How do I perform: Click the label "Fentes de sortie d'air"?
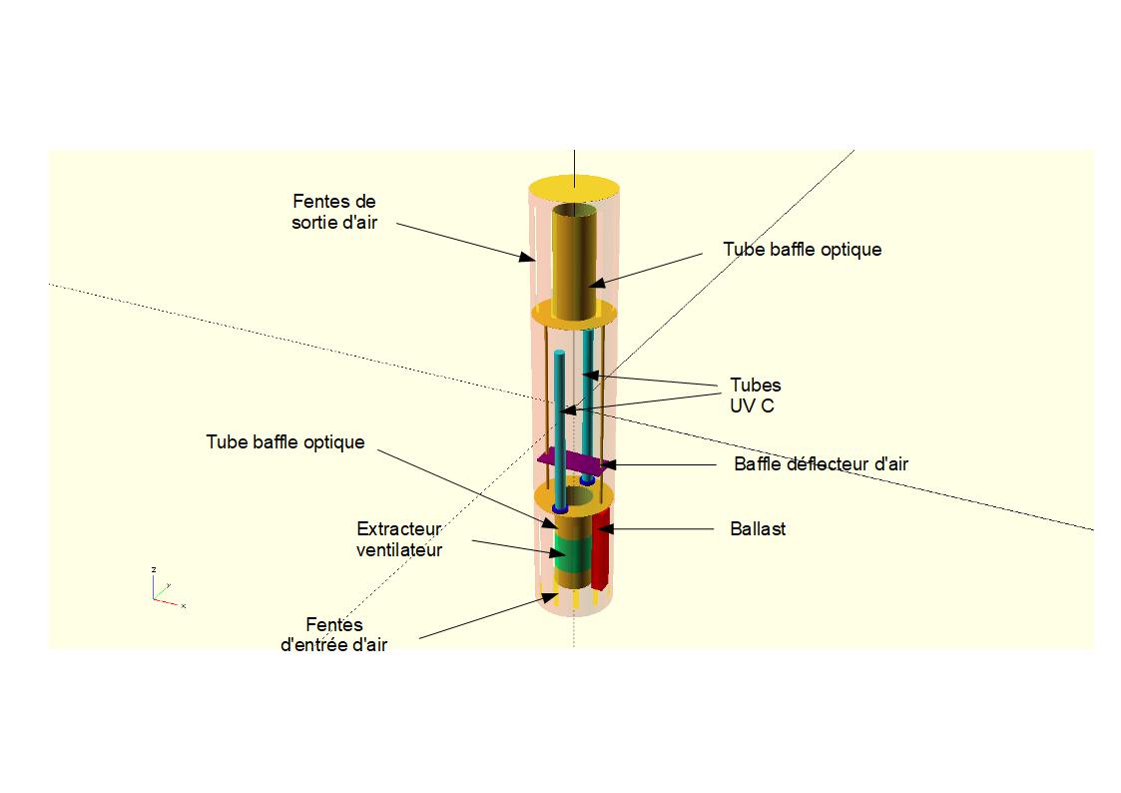point(334,212)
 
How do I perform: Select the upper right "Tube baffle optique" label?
point(802,249)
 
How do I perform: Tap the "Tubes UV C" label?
point(755,396)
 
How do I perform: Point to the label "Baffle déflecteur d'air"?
point(821,463)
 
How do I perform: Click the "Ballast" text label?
point(758,529)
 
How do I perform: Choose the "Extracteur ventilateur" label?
point(399,538)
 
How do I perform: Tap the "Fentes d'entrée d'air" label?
point(334,635)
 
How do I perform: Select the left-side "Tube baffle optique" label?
point(285,441)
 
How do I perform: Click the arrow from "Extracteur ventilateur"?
point(510,547)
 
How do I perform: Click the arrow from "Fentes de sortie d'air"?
point(459,241)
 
